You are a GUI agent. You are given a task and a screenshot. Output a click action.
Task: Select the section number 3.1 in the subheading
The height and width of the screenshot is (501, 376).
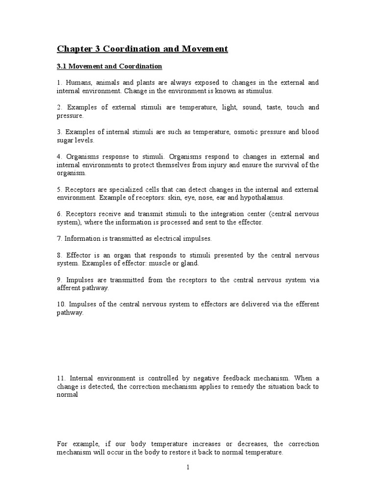point(62,66)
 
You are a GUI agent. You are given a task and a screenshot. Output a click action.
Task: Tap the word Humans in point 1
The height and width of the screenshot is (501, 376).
point(79,83)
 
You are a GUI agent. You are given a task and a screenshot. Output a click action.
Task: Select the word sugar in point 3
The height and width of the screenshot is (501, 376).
point(65,140)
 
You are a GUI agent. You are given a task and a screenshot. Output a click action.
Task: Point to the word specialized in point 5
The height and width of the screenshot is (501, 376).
point(123,190)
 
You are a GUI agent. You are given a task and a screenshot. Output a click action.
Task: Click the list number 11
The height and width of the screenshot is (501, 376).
point(61,378)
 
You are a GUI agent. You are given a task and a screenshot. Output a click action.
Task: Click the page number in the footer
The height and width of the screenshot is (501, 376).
point(188,468)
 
